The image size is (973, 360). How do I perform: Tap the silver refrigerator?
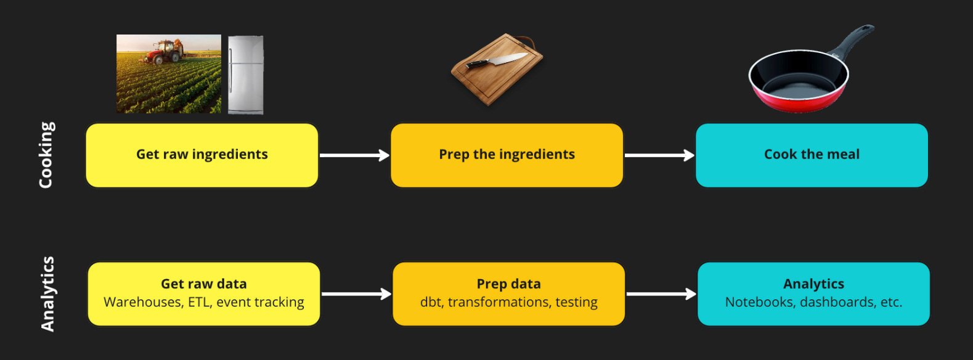(245, 75)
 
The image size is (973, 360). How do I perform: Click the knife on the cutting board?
(497, 60)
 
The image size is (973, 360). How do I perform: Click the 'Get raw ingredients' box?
(202, 155)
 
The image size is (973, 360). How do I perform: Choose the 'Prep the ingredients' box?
(507, 155)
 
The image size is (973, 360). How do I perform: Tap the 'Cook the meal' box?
(812, 155)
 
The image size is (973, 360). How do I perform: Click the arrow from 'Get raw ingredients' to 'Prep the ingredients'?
(354, 155)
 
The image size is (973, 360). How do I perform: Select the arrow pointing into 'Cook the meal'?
(659, 155)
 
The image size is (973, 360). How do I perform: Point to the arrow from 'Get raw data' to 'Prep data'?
(356, 294)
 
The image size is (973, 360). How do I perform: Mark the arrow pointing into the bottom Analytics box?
(661, 294)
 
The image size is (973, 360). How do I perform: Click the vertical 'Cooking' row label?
(47, 155)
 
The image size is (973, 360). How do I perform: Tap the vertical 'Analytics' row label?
(47, 294)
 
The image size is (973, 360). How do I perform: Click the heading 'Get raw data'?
(203, 284)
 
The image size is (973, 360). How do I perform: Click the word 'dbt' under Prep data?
(431, 302)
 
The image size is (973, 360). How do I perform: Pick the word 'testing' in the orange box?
(576, 302)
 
